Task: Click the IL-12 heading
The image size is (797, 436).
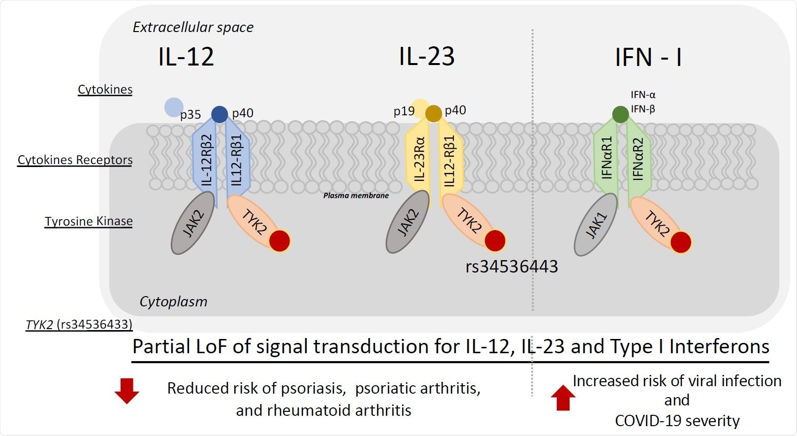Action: pos(186,57)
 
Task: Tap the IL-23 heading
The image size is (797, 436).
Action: pos(426,57)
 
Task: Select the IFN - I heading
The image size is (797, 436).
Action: pos(648,57)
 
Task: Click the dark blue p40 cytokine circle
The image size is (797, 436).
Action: pos(220,114)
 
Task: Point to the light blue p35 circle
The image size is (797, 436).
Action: pos(173,107)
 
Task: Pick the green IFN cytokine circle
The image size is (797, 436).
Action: pos(620,114)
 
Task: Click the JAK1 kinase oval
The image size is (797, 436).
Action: pos(596,225)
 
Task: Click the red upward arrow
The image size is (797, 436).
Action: pos(563,398)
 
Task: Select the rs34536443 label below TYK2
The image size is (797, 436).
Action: pos(511,267)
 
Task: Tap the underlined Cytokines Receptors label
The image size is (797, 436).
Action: pos(75,160)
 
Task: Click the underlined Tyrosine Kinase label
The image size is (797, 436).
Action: pos(89,221)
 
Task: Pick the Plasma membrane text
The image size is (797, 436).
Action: pos(356,196)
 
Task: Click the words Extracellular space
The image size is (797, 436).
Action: pos(193,27)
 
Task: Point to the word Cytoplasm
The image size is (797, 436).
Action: pos(173,302)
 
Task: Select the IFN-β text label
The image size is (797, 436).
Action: pos(643,109)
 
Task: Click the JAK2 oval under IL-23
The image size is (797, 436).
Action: pos(407,222)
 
